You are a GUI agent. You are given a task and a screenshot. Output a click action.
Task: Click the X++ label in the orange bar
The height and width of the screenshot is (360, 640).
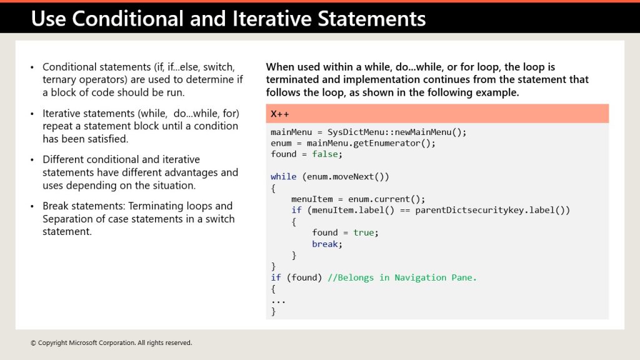tap(279, 114)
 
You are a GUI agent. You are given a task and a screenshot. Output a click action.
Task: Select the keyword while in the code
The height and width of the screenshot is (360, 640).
tap(284, 177)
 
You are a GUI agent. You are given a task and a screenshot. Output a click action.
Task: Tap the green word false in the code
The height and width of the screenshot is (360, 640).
tap(325, 154)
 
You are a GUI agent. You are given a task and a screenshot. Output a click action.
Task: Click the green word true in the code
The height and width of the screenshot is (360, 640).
tap(364, 232)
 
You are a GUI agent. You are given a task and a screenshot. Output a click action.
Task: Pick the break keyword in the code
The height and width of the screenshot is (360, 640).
tap(325, 244)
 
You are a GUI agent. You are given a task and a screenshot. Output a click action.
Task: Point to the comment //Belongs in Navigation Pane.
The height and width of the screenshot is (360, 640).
tap(402, 277)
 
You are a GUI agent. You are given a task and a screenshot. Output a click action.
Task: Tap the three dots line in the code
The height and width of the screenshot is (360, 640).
tap(278, 302)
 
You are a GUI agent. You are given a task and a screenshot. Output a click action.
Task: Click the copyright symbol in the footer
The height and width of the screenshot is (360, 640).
tap(33, 343)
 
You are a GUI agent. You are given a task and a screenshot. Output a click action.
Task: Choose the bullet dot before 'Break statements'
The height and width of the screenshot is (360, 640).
tap(32, 206)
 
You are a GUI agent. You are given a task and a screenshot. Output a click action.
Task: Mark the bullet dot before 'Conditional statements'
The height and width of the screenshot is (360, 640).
tap(32, 67)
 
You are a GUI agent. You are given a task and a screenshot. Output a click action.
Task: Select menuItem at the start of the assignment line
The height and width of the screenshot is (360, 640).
tap(312, 199)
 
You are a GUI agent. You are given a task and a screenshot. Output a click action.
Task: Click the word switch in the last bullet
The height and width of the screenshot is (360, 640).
tap(220, 219)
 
